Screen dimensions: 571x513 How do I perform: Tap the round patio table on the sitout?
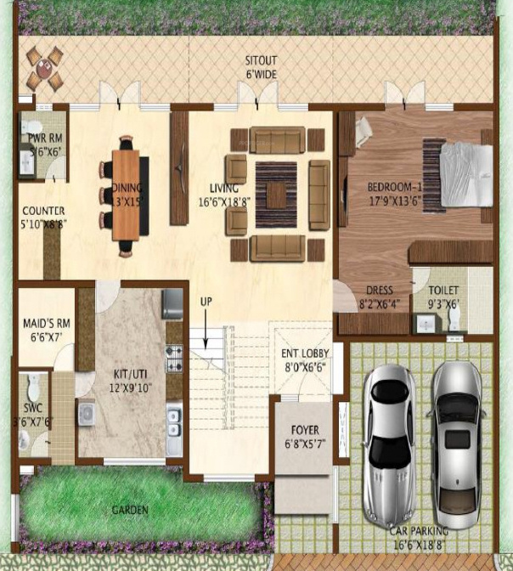tap(43, 69)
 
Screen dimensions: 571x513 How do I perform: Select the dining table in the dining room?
tap(128, 194)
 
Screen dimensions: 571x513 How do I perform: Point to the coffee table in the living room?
tap(277, 193)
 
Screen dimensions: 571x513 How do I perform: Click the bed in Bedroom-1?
tap(464, 173)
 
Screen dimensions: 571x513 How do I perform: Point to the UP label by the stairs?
tap(206, 302)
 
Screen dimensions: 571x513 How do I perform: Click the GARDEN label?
tap(130, 510)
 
